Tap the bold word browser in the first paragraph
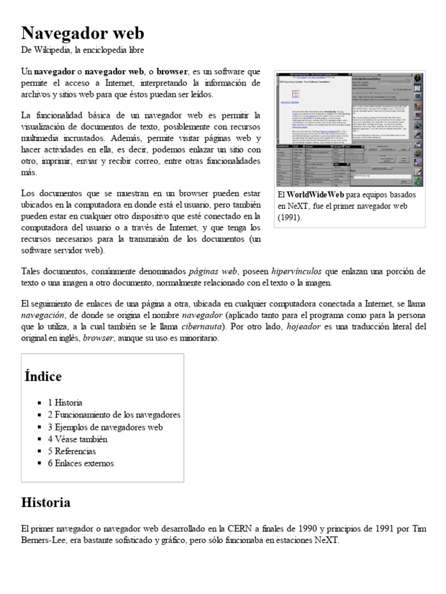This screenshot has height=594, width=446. point(172,72)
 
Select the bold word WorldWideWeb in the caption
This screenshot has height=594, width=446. point(317,194)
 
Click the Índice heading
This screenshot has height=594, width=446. point(43,376)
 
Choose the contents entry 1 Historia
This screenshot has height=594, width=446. point(65,402)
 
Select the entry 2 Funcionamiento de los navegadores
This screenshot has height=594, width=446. point(114,415)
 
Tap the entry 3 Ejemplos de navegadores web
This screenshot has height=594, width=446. point(105,427)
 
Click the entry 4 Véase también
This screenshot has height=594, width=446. point(77,439)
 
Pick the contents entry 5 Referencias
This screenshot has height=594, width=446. point(71,451)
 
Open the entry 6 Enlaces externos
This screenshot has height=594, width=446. point(81,463)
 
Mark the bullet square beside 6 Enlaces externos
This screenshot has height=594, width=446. point(39,463)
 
